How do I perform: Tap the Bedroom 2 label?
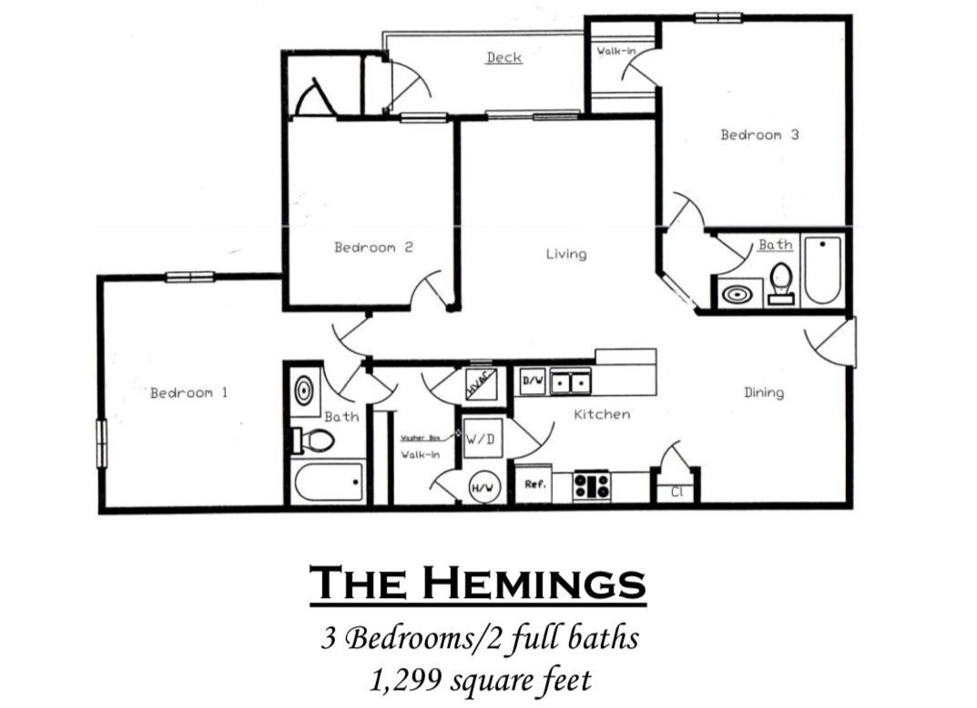point(373,247)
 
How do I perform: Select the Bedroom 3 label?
point(759,135)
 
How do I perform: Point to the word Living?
point(565,254)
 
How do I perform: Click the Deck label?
point(504,57)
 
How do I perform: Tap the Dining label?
point(763,392)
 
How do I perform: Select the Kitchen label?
point(601,414)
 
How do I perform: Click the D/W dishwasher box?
point(532,380)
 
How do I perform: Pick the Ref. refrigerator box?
point(535,485)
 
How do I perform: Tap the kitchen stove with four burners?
point(592,485)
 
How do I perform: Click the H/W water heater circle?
point(483,489)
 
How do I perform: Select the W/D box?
point(480,438)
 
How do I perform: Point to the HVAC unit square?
point(480,383)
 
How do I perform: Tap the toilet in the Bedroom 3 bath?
point(780,281)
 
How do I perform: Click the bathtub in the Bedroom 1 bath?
point(328,481)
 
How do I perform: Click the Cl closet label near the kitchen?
point(677,491)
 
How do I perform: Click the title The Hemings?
point(477,583)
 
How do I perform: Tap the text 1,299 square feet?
point(477,679)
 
